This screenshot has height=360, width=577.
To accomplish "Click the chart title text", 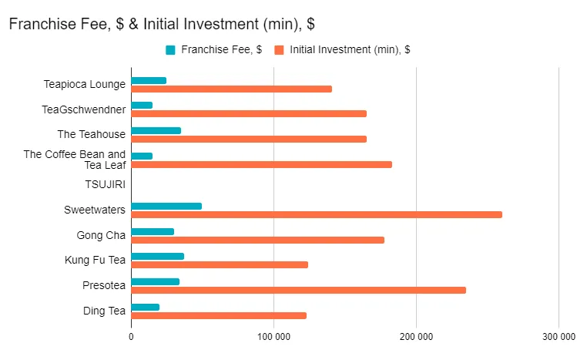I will click(x=161, y=24).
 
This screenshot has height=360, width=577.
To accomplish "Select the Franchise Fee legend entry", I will click(x=215, y=50).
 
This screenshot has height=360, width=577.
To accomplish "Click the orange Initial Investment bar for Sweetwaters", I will click(x=316, y=214).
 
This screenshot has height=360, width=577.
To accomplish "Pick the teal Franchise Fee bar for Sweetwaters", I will click(x=166, y=206).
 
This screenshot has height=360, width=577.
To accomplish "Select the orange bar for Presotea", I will click(x=298, y=290).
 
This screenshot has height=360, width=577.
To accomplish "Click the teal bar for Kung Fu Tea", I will click(x=157, y=256).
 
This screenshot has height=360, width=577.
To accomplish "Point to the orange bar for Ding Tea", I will click(x=219, y=315).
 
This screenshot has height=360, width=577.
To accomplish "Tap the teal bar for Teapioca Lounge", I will click(x=149, y=80).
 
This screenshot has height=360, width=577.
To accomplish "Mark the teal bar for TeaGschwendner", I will click(x=142, y=105).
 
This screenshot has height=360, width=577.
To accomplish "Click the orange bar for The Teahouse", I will click(x=249, y=139).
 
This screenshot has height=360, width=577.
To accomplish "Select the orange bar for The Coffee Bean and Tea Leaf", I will click(x=261, y=164).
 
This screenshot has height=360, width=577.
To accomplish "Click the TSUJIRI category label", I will click(x=106, y=184).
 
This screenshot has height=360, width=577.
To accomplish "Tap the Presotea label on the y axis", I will click(x=104, y=285).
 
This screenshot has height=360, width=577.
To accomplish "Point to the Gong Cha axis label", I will click(x=101, y=235).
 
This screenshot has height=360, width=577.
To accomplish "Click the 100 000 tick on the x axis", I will click(x=273, y=337).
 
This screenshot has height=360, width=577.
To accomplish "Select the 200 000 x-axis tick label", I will click(x=416, y=337).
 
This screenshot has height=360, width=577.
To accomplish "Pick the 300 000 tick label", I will click(x=559, y=337).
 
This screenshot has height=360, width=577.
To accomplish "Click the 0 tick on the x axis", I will click(x=131, y=337).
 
